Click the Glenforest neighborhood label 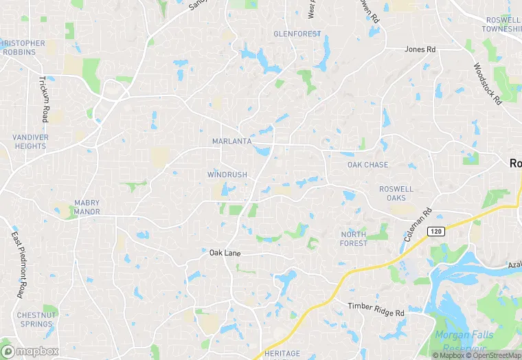coord(297,33)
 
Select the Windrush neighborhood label coord(227,175)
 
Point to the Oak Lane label coord(225,254)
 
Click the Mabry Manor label coord(87,207)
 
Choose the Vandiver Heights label coord(30,142)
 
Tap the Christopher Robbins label coord(23,47)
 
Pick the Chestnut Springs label coord(36,319)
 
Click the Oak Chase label coord(367,165)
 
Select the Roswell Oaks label coord(396,193)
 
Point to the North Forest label coord(354,238)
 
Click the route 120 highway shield coord(435,232)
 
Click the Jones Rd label coord(420,49)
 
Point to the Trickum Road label coord(44,99)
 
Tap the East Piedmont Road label coord(18,265)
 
